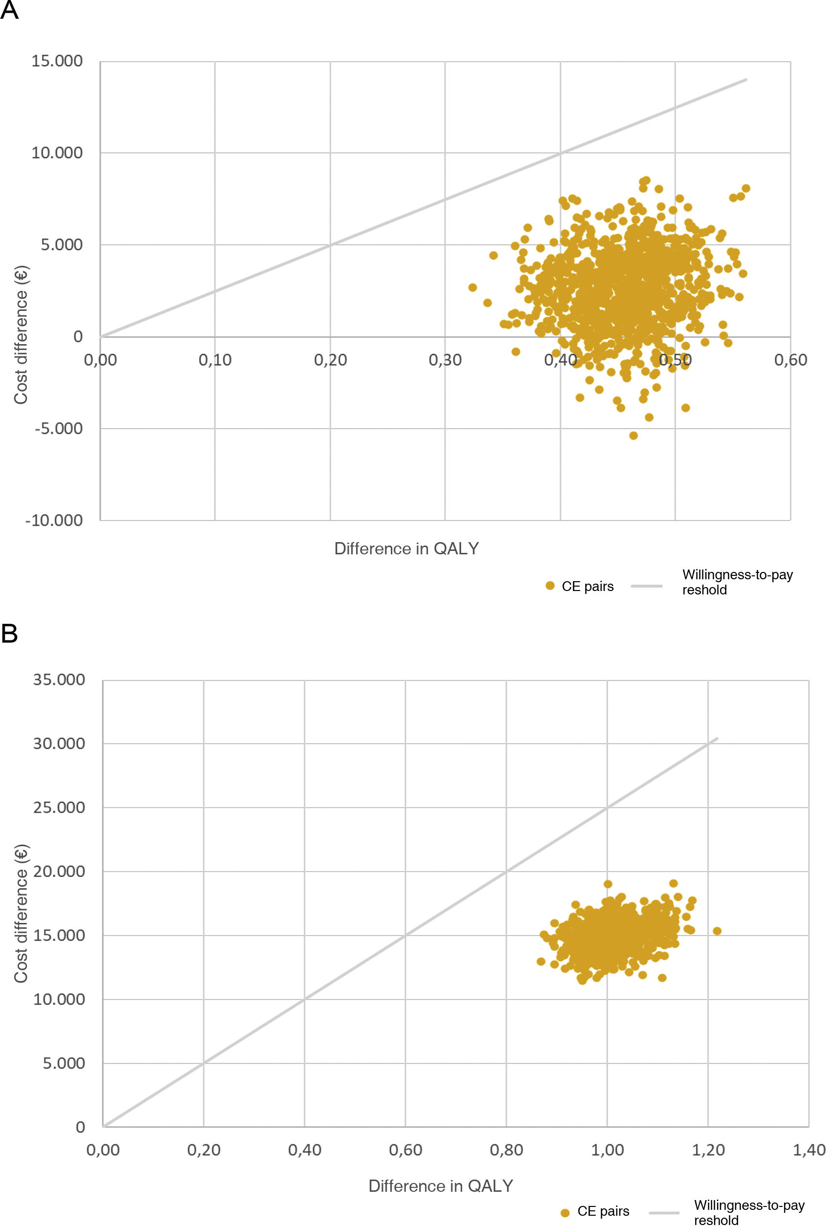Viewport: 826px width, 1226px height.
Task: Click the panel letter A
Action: [9, 10]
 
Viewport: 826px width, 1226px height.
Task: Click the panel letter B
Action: [9, 633]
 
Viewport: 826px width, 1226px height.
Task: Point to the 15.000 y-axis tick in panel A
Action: [57, 61]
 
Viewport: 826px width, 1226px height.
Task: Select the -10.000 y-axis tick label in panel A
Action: [54, 520]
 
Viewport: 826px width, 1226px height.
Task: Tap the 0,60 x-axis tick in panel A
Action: [790, 360]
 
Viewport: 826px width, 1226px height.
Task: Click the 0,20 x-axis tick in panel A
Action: [330, 360]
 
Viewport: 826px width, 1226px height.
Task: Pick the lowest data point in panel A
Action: [633, 436]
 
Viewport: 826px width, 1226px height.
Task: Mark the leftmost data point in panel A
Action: [472, 287]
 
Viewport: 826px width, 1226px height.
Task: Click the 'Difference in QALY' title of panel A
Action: [406, 548]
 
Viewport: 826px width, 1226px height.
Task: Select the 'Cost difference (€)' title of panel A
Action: [21, 335]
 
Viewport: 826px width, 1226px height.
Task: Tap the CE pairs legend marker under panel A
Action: [550, 586]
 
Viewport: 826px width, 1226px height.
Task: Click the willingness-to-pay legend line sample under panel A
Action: [646, 586]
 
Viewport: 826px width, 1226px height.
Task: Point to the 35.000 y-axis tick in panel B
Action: [59, 679]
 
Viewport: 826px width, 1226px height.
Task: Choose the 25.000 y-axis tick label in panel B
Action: [59, 807]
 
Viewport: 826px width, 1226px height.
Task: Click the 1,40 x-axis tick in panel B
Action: [808, 1150]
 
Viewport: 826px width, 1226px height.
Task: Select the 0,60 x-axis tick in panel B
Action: [405, 1150]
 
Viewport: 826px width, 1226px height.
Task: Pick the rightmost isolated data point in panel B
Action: [717, 931]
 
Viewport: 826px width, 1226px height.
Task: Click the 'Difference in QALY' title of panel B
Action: [441, 1186]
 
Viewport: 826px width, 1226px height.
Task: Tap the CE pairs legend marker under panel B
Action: [565, 1213]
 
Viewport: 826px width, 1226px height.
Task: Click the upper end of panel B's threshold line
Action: [717, 739]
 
